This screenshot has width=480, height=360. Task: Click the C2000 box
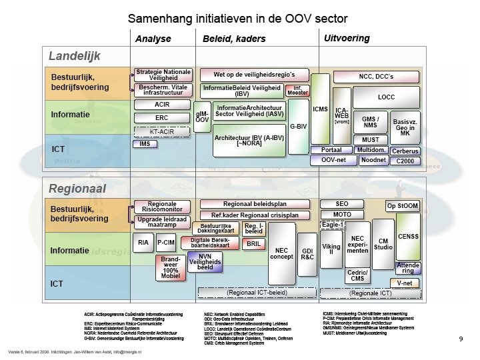(405, 161)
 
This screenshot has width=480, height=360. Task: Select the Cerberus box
(405, 151)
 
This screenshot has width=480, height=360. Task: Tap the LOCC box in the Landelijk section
(386, 97)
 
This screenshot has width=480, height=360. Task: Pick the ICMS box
(320, 107)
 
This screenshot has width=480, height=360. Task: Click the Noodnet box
(373, 160)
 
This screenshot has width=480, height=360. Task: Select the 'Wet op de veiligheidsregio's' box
(253, 74)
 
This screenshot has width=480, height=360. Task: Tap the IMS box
(145, 144)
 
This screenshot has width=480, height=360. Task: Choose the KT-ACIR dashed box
(162, 131)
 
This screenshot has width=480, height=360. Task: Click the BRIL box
(253, 244)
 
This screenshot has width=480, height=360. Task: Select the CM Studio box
(383, 244)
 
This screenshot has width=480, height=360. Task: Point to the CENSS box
(408, 236)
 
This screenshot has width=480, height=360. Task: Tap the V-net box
(405, 283)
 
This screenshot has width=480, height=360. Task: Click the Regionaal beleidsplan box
(256, 203)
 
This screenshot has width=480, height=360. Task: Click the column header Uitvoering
(347, 38)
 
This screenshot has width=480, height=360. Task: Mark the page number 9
(461, 339)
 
